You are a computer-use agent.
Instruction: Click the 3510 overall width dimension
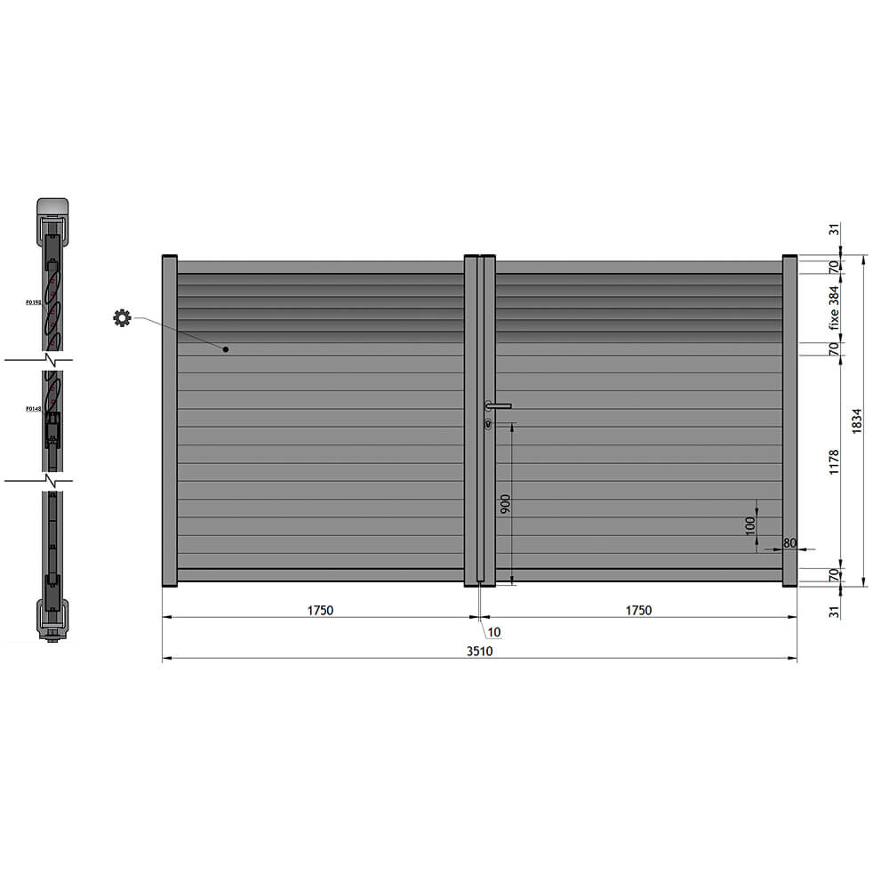point(480,651)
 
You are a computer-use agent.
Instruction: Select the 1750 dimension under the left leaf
point(320,610)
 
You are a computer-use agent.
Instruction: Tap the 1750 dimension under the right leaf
point(638,610)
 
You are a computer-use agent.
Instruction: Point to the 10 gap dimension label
point(494,632)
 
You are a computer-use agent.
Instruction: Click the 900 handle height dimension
point(505,505)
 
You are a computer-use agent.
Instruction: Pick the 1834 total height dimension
point(857,420)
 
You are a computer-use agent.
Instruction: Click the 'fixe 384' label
point(834,308)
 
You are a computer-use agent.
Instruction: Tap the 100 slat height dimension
point(749,525)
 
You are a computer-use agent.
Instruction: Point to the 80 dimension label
point(789,542)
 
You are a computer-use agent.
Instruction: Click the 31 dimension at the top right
point(834,229)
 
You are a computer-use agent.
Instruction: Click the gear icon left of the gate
point(122,317)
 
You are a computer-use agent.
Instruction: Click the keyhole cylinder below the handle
point(489,424)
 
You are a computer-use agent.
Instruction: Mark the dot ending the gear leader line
point(226,349)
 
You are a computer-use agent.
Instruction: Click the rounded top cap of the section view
point(53,205)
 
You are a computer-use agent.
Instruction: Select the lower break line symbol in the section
point(53,481)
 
